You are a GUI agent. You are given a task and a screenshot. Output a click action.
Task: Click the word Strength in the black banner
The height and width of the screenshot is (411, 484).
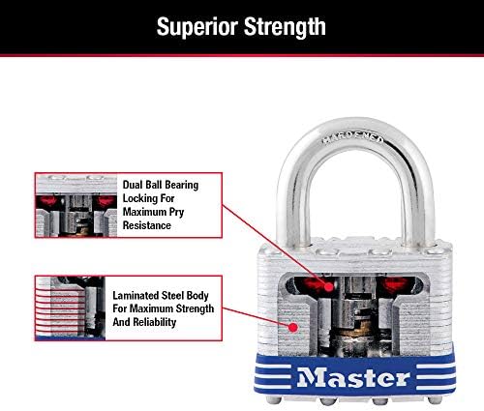(x=285, y=27)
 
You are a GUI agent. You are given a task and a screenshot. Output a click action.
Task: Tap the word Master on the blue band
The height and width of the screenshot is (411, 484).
(x=353, y=377)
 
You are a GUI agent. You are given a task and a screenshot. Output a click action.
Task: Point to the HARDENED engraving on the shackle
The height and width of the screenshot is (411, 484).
(x=353, y=139)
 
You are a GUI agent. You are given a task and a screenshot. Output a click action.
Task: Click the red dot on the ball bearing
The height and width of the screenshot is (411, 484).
(x=329, y=286)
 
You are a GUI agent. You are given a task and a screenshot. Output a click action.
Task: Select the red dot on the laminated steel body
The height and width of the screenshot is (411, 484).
(x=293, y=327)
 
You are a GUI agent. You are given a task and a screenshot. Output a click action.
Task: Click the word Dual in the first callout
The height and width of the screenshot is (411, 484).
(x=133, y=185)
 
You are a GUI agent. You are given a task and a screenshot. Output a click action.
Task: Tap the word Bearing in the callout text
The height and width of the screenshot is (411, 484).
(x=181, y=186)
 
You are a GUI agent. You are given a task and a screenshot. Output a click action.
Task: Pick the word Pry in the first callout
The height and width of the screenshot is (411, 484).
(x=176, y=213)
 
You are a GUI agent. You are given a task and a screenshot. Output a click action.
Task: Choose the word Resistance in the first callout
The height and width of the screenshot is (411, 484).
(x=147, y=225)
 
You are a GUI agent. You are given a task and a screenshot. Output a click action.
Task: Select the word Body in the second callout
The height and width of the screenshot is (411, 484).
(x=197, y=296)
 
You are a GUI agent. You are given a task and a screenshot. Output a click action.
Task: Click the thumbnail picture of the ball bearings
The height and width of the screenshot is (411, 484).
(x=76, y=205)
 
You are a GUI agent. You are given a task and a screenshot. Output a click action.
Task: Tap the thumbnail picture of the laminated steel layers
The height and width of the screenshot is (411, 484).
(x=71, y=308)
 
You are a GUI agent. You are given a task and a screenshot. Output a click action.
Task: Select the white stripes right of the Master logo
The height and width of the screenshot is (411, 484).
(x=435, y=376)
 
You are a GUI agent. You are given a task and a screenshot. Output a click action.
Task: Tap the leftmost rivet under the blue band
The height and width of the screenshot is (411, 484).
(x=273, y=399)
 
